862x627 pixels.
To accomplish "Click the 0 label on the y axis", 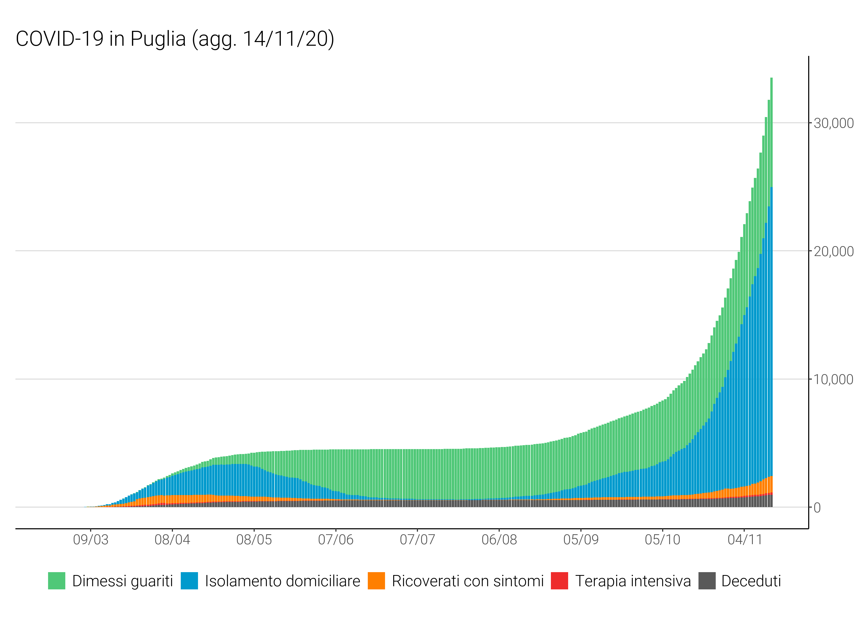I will [817, 508].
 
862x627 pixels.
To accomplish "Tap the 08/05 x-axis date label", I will [254, 539].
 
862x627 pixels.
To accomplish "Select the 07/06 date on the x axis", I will [336, 539].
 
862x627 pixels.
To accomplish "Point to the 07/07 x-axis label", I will [417, 539].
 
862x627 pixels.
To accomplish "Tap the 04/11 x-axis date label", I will [744, 539].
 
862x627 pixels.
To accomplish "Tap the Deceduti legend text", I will [751, 581].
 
